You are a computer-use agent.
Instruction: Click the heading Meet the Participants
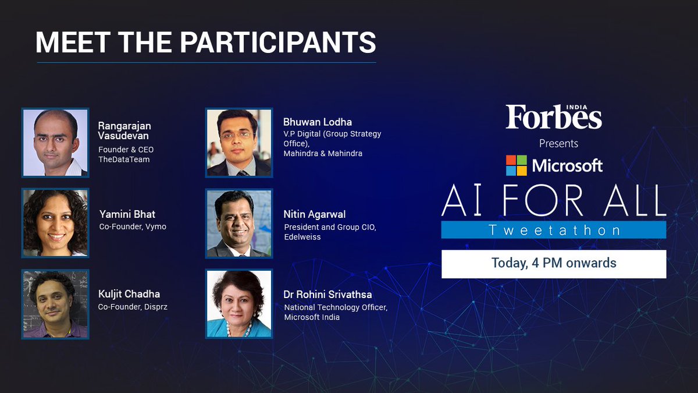[205, 43]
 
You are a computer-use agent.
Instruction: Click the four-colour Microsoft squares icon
[516, 165]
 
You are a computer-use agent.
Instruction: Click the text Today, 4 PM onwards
[553, 263]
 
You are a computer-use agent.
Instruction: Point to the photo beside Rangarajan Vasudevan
[55, 143]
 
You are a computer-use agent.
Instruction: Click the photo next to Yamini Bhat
[55, 223]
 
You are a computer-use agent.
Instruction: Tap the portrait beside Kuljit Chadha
[55, 303]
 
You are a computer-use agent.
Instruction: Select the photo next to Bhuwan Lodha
[239, 143]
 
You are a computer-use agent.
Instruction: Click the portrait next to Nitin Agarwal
[239, 224]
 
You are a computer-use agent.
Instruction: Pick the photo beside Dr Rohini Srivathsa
[239, 303]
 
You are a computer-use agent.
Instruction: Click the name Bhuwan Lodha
[317, 122]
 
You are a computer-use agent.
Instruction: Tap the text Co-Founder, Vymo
[132, 226]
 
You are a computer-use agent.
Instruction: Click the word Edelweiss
[302, 238]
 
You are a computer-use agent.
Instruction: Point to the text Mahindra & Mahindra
[323, 154]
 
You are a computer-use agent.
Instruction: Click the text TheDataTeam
[124, 160]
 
